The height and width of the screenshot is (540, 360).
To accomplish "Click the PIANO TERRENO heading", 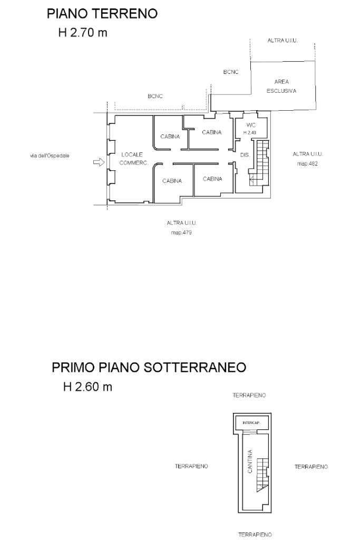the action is (102, 14).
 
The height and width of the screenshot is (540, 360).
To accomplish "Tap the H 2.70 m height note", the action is (83, 33).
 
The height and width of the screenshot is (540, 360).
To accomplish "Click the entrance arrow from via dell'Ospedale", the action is (99, 162).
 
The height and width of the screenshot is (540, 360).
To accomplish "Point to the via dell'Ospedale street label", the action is (50, 156).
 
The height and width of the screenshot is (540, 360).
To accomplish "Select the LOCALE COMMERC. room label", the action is (134, 159).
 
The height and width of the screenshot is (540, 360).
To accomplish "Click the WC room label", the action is (251, 126).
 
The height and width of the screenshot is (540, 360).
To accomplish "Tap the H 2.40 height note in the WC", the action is (250, 132).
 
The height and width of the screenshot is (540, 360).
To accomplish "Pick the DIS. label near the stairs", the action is (245, 156).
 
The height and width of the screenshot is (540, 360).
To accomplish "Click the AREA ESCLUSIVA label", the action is (281, 86).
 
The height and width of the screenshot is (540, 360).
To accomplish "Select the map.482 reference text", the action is (307, 163).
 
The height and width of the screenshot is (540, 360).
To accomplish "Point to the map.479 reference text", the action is (181, 233).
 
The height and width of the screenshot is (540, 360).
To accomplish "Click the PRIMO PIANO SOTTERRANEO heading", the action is (149, 367).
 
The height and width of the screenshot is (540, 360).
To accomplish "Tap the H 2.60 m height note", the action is (88, 387).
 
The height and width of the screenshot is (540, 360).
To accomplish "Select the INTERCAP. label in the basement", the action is (251, 423).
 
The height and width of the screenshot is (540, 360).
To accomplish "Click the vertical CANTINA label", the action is (250, 461).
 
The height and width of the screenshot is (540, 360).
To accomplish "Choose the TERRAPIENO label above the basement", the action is (249, 396).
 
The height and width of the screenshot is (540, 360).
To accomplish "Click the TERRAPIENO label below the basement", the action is (255, 535).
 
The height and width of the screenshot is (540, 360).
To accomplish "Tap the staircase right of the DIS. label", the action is (259, 162).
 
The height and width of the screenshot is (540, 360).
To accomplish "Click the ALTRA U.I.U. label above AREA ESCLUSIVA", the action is (283, 40).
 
